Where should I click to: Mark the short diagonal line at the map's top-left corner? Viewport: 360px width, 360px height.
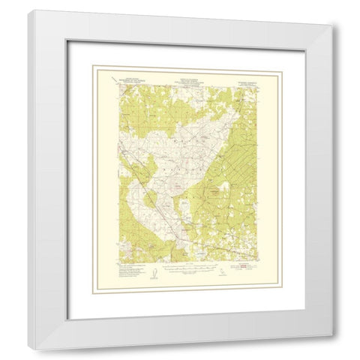110,78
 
